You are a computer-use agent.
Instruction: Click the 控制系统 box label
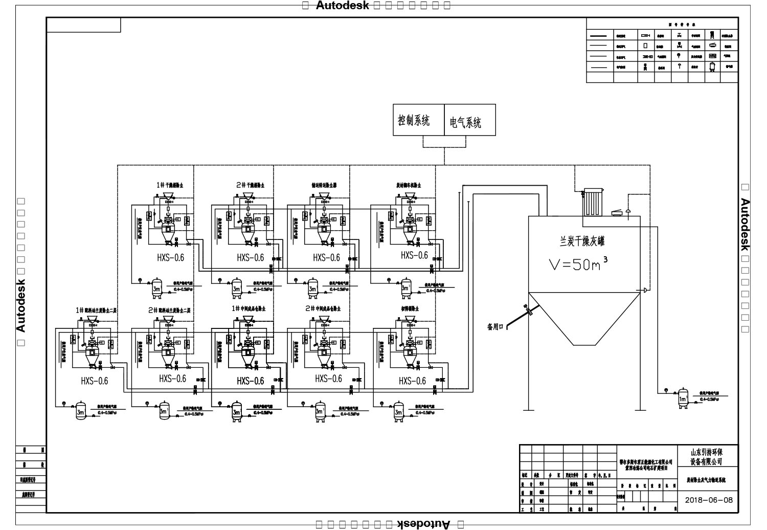pyautogui.click(x=414, y=121)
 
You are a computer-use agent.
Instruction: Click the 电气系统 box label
pyautogui.click(x=465, y=122)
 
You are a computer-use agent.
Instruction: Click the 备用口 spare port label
pyautogui.click(x=495, y=326)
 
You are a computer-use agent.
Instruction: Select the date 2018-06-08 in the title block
pyautogui.click(x=708, y=500)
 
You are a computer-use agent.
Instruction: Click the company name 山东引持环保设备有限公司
pyautogui.click(x=707, y=457)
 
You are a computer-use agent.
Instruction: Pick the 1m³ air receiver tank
pyautogui.click(x=683, y=399)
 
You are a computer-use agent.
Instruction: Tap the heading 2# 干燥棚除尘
pyautogui.click(x=250, y=185)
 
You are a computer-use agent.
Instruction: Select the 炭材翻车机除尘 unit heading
pyautogui.click(x=409, y=185)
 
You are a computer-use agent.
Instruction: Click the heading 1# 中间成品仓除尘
pyautogui.click(x=249, y=309)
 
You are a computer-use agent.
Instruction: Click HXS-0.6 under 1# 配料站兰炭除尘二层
pyautogui.click(x=95, y=381)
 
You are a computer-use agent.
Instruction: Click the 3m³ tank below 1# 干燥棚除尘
pyautogui.click(x=157, y=289)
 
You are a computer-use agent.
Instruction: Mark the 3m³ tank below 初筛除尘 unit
pyautogui.click(x=399, y=411)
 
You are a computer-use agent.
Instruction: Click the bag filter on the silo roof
pyautogui.click(x=594, y=204)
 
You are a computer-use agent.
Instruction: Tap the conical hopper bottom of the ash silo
pyautogui.click(x=583, y=317)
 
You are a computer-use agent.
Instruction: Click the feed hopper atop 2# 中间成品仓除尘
pyautogui.click(x=324, y=320)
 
